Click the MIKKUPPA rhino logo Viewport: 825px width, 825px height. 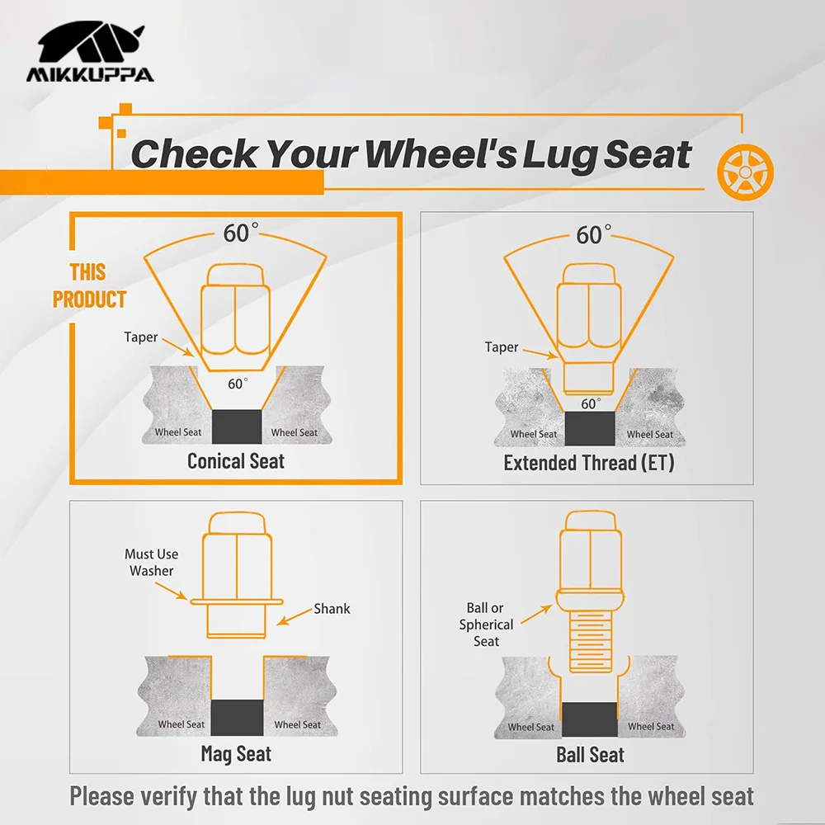coord(91,51)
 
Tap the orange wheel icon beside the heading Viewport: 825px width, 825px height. coord(746,172)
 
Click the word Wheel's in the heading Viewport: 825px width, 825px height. coord(441,154)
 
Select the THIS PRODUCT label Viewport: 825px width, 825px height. coord(89,285)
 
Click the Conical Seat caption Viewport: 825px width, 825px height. coord(236,461)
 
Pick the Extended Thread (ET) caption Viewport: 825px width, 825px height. coord(589,463)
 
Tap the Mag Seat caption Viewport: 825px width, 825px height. coord(236,753)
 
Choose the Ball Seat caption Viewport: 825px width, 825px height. coord(591,755)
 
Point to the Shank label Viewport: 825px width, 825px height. coord(332,609)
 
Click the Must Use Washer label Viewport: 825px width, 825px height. coord(152,563)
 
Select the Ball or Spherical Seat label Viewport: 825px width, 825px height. coord(486,625)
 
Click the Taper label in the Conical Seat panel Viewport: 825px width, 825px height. coord(140,337)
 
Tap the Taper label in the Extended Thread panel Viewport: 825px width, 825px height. coord(502,347)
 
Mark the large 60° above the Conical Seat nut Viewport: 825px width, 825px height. coord(240,233)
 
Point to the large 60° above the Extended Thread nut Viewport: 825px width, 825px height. coord(593,234)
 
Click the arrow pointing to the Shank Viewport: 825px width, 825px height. coord(295,616)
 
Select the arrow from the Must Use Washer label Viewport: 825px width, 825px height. coord(172,592)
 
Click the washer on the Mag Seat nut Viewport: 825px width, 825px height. coord(237,602)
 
